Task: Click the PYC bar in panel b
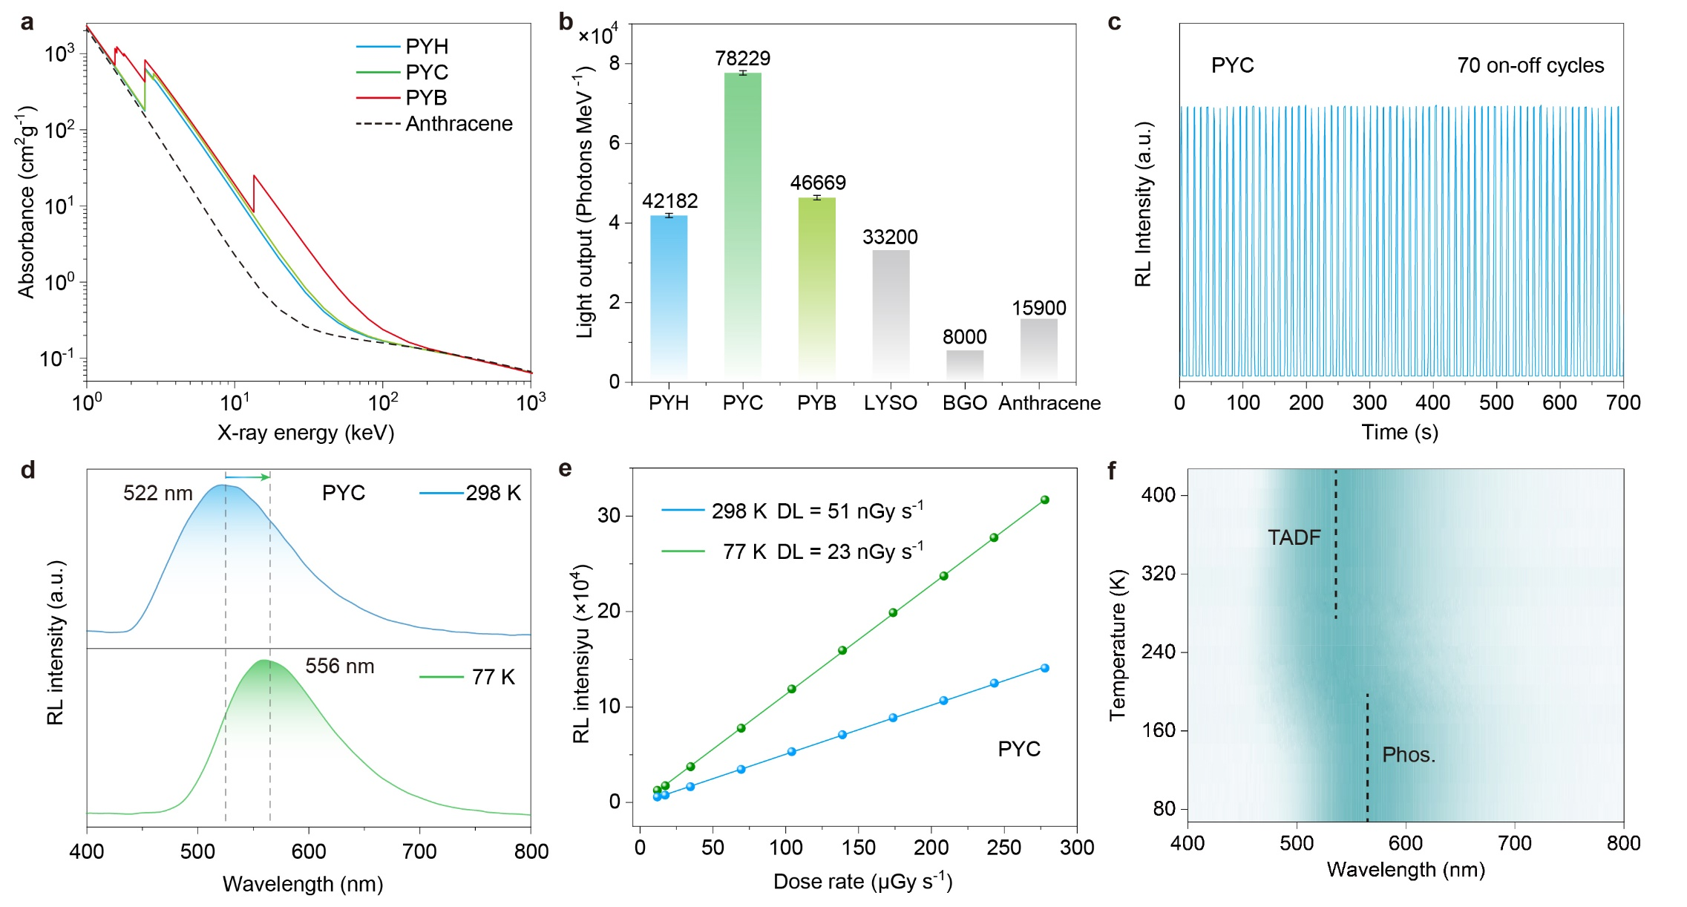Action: point(742,223)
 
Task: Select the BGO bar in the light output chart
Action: point(964,365)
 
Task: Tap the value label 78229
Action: point(742,58)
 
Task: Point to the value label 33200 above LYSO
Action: point(890,237)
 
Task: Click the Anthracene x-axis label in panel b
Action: point(1049,403)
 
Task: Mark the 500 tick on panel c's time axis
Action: point(1496,403)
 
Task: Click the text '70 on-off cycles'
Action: point(1530,65)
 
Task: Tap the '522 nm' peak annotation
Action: point(157,494)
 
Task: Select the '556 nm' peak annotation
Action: point(339,667)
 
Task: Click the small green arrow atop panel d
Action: point(247,477)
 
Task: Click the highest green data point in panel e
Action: point(1044,500)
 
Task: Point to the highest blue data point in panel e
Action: point(1044,668)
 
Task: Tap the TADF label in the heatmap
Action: point(1294,537)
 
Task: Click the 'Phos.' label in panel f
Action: point(1408,755)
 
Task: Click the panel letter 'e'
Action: point(565,470)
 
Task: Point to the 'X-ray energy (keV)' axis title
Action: point(305,433)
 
